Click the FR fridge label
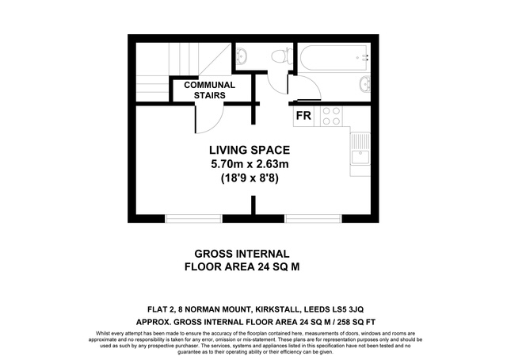(x=303, y=116)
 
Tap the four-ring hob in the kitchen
(x=331, y=117)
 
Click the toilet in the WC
(x=280, y=56)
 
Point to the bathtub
(x=334, y=58)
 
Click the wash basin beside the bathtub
(x=364, y=84)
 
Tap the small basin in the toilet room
(x=242, y=56)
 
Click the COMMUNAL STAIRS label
(x=209, y=90)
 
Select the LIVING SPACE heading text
(x=250, y=150)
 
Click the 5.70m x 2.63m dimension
(x=250, y=164)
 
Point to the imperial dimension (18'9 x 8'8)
(x=250, y=178)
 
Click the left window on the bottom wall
(x=193, y=219)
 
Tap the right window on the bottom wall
(x=314, y=219)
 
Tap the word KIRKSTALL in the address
(x=277, y=309)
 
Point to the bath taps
(x=364, y=58)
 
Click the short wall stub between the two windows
(x=253, y=205)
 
